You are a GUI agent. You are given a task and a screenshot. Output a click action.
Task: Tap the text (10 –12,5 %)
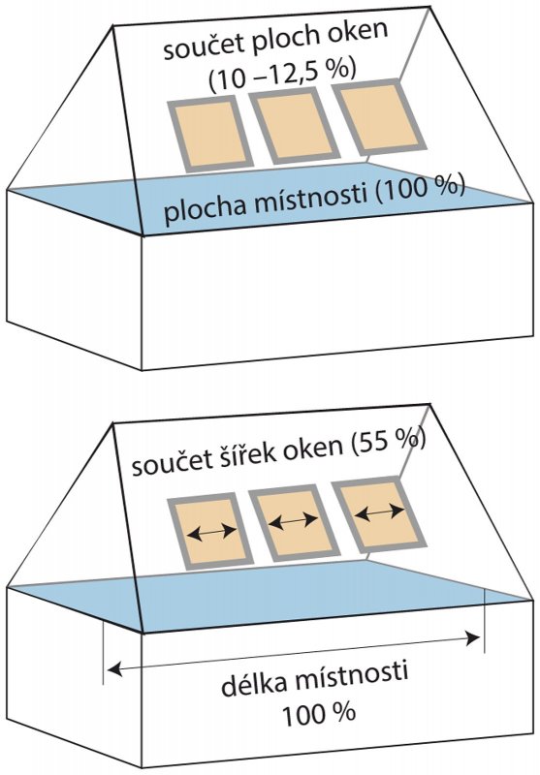pos(282,74)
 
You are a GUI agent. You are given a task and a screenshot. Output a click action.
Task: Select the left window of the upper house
pos(210,135)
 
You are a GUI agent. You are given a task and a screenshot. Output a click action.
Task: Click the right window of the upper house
pos(379,117)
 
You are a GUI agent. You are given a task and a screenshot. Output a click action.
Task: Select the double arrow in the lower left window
pos(211,532)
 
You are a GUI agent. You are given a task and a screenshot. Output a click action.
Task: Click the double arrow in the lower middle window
pos(294,520)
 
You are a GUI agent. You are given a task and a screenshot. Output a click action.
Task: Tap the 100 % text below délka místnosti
pos(318,713)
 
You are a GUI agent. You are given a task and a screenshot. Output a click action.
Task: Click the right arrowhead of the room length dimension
pos(474,638)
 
